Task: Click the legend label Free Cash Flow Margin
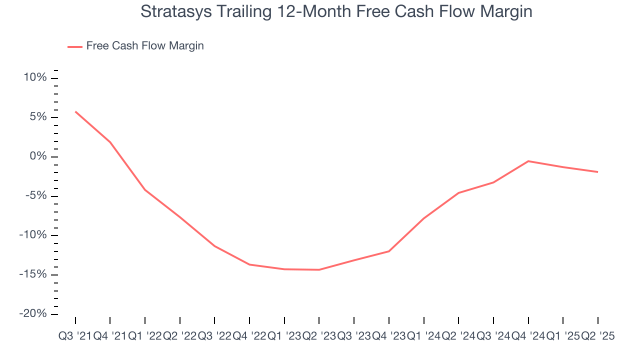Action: coord(145,46)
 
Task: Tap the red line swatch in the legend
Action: coord(75,46)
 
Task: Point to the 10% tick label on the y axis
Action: coord(35,78)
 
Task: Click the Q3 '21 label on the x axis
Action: coord(75,336)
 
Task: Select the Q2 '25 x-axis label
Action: coord(597,336)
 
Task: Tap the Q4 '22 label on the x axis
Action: coord(249,336)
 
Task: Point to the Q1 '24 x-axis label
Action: coord(423,336)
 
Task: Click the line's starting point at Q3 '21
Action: coord(75,111)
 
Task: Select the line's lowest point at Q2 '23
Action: coord(319,270)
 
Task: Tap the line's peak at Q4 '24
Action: coord(528,161)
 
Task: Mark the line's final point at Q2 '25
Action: coord(597,172)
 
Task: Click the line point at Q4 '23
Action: coord(389,251)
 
